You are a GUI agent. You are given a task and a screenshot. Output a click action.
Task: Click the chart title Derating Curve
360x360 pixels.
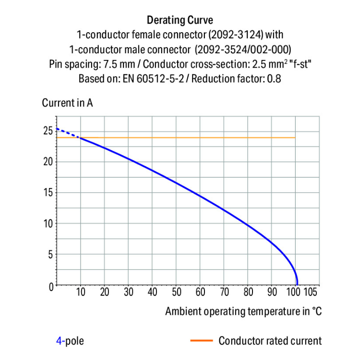180,20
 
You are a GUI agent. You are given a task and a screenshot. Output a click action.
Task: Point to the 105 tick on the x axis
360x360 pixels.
311,292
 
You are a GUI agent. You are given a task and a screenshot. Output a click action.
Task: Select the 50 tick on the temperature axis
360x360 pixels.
176,292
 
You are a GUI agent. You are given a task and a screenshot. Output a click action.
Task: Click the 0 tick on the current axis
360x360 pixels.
51,286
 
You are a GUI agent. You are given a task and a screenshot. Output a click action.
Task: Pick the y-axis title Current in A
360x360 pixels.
67,103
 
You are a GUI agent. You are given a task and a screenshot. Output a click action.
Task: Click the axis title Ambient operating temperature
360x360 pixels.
243,311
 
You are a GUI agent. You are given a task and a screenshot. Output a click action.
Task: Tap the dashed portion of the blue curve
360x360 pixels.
67,133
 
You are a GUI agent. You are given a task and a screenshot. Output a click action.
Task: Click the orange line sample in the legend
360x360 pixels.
201,341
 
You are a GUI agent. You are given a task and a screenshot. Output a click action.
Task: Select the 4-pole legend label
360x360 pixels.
70,341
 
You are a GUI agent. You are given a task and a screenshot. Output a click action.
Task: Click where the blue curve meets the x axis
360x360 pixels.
297,285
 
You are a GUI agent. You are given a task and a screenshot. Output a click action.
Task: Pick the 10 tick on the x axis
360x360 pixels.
81,292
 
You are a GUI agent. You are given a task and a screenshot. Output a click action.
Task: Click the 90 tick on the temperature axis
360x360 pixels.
272,292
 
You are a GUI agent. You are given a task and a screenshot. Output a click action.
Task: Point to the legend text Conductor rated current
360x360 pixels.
270,341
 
